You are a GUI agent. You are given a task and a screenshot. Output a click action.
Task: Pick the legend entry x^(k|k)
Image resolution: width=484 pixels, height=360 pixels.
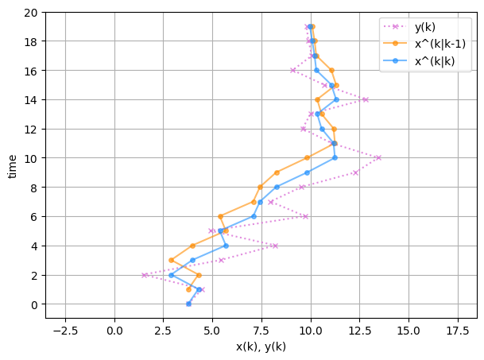(435, 62)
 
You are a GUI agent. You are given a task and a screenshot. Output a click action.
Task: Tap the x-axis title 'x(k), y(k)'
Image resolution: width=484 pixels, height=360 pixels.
(261, 346)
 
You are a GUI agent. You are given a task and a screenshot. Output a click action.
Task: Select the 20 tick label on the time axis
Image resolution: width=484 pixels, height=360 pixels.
(29, 12)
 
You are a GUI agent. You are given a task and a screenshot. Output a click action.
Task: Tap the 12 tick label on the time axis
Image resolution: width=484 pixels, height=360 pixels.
(29, 129)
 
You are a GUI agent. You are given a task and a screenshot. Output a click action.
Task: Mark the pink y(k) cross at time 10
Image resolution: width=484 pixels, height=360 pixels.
(378, 157)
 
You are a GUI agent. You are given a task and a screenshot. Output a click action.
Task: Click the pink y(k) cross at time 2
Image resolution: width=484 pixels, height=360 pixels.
(145, 275)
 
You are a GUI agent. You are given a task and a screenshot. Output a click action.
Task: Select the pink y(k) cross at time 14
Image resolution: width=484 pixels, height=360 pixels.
(366, 99)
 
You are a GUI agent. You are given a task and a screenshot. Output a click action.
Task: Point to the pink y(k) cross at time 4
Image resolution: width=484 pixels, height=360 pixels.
(276, 246)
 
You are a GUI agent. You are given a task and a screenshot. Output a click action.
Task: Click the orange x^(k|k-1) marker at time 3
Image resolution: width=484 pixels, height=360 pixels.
(171, 260)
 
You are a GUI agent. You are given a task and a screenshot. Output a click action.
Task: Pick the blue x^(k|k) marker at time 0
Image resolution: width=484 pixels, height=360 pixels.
(188, 304)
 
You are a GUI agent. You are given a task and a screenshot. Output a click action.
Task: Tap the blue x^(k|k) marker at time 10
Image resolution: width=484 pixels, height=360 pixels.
(335, 157)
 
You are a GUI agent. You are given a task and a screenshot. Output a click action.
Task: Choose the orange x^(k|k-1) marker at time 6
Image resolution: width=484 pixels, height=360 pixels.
(220, 216)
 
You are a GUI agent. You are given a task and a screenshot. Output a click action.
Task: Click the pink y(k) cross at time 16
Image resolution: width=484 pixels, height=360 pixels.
(292, 70)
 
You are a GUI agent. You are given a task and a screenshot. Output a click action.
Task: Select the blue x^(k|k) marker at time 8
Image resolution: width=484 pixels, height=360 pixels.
(277, 187)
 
